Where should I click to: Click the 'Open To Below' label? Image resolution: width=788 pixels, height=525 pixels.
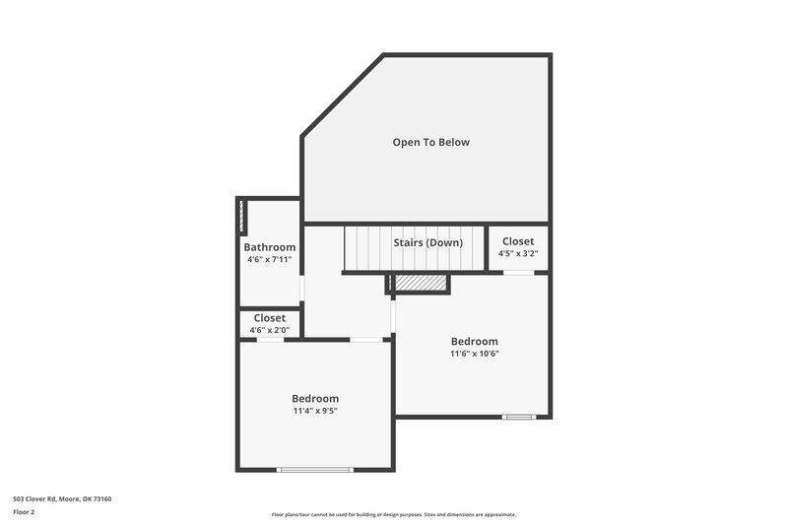[x=430, y=142]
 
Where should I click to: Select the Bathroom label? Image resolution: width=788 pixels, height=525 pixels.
[x=269, y=247]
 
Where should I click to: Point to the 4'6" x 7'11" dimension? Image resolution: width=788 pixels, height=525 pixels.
[x=269, y=260]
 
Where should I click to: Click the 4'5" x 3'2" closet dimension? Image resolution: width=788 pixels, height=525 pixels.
[x=518, y=254]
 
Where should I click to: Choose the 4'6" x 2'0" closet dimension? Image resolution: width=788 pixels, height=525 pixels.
[x=269, y=330]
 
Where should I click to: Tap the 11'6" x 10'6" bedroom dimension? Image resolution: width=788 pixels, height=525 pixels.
[x=474, y=354]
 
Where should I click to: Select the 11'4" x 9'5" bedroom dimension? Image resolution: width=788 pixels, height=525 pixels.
[x=315, y=411]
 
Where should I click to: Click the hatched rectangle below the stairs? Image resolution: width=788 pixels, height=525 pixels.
[x=421, y=284]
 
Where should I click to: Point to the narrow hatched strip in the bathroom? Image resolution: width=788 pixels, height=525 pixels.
[x=242, y=216]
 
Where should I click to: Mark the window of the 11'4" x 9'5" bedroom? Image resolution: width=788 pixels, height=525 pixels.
[x=315, y=470]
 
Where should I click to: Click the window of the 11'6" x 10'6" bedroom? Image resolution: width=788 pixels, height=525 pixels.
[x=518, y=417]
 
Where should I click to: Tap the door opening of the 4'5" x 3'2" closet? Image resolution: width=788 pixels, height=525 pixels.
[x=518, y=273]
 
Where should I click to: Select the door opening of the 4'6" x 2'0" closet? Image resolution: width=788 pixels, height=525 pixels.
[x=269, y=340]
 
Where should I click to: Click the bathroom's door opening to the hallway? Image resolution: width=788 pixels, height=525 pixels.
[x=301, y=287]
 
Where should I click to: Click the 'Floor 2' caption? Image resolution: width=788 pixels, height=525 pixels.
[x=24, y=512]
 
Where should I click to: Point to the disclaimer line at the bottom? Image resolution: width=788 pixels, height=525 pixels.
[x=393, y=514]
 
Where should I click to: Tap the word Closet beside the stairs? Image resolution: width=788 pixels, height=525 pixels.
[x=518, y=241]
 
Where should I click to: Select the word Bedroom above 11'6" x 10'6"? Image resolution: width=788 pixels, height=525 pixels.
[x=474, y=342]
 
